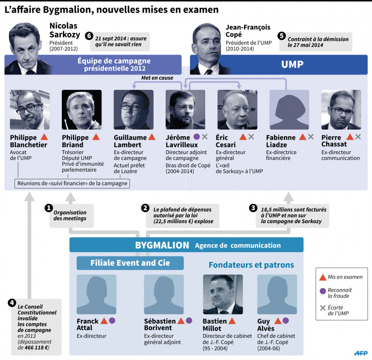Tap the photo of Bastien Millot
point(223,294)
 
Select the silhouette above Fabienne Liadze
point(289,110)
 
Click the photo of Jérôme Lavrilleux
point(185,110)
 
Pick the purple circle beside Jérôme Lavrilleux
point(196,137)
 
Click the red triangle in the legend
point(323,277)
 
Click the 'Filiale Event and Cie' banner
point(130,263)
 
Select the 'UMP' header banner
point(279,63)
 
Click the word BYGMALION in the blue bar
point(162,245)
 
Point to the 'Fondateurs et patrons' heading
point(251,265)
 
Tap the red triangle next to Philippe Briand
point(96,137)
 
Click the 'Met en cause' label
point(157,77)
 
